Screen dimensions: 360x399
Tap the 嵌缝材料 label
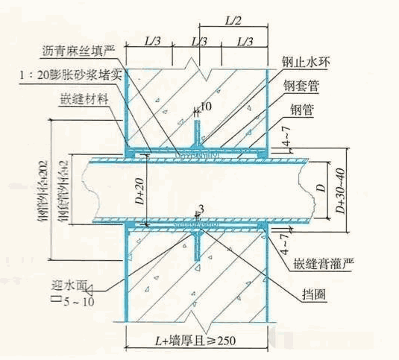click(x=84, y=98)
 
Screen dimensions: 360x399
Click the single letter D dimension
click(x=321, y=189)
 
